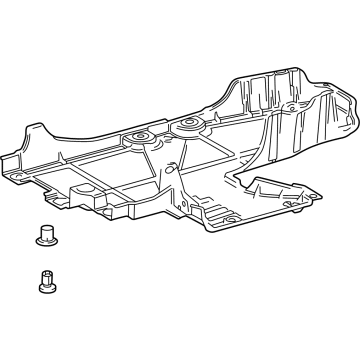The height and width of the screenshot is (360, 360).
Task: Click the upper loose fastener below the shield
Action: (42, 236)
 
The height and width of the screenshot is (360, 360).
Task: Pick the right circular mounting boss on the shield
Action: (185, 126)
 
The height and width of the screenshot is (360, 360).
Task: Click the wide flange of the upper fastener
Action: (42, 241)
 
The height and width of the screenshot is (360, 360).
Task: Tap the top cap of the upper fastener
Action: (42, 230)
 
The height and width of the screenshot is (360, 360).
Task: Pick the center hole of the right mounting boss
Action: (185, 124)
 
